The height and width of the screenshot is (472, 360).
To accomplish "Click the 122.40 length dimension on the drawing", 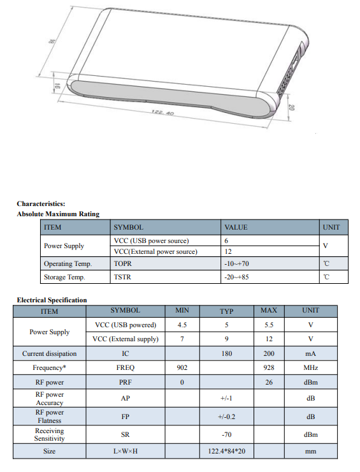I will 163,113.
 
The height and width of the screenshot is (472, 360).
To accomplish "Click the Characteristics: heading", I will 41,203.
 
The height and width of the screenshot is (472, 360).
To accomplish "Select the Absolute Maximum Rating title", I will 58,214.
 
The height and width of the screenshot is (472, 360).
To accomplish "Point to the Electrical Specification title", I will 52,300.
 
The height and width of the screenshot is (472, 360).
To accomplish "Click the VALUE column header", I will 236,227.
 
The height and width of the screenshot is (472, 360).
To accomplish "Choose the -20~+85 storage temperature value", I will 236,277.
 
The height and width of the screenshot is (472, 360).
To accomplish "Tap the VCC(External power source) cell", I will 155,251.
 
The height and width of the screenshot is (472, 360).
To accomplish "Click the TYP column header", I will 226,311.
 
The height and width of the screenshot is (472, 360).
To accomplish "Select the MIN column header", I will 182,311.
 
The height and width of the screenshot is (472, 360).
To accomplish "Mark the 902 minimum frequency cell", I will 182,368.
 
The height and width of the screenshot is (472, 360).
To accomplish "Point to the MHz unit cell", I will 310,368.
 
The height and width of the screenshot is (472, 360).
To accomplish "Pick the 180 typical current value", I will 226,353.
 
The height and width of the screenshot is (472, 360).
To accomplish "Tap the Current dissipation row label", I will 49,353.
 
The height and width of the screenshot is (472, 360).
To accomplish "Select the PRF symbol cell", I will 125,383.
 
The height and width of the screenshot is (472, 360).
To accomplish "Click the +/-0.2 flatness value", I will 226,417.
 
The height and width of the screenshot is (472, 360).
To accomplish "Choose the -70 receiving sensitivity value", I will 226,434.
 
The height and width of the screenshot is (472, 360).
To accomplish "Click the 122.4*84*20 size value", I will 226,451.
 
